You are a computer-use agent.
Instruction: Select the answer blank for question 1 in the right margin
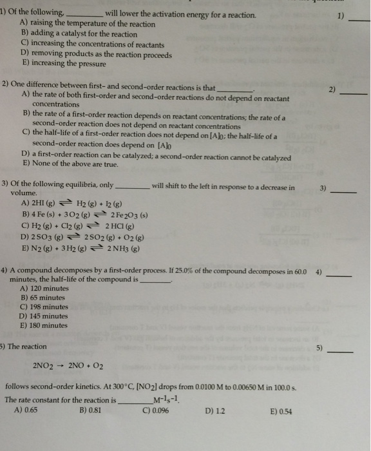click(359, 21)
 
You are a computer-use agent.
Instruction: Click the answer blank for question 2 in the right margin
click(353, 94)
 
